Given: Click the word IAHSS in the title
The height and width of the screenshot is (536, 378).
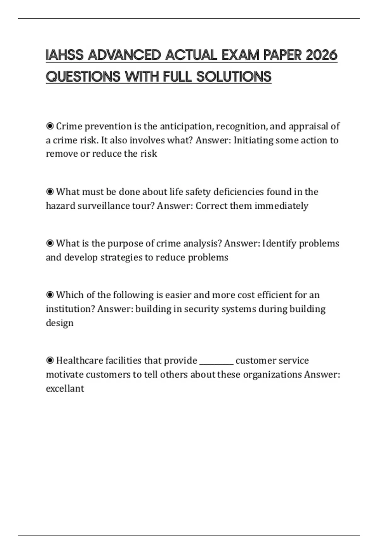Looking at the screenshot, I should [65, 55].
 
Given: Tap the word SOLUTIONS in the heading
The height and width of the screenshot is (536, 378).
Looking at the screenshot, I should [234, 77].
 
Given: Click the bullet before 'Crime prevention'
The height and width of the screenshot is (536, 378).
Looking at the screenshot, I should [50, 126].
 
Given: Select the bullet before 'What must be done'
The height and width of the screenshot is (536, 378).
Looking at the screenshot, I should [50, 192].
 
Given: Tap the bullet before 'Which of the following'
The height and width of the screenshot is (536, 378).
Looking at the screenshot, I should [50, 295].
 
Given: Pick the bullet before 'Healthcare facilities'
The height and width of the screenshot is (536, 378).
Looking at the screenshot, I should [50, 360].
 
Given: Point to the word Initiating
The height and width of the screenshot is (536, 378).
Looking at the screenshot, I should [253, 140].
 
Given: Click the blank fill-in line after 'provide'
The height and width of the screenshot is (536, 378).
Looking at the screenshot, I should [216, 361].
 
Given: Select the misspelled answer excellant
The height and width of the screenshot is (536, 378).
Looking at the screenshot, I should [65, 388].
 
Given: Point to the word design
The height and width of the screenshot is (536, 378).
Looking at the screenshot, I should [60, 323].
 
